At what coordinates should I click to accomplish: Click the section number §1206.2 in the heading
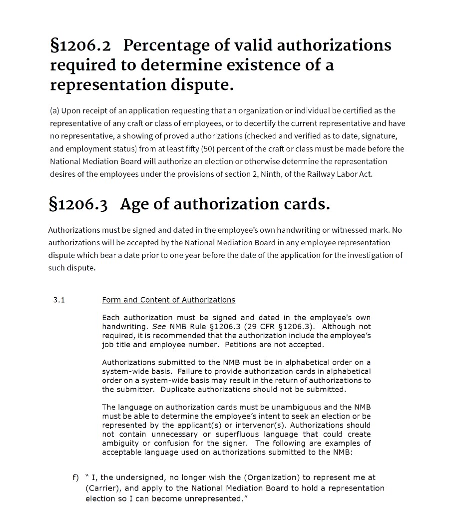coord(79,45)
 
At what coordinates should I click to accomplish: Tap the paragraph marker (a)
coord(55,110)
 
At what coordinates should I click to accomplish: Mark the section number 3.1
coord(59,300)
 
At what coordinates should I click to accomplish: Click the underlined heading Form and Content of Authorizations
coord(168,300)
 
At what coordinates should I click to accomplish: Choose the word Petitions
coord(242,345)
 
